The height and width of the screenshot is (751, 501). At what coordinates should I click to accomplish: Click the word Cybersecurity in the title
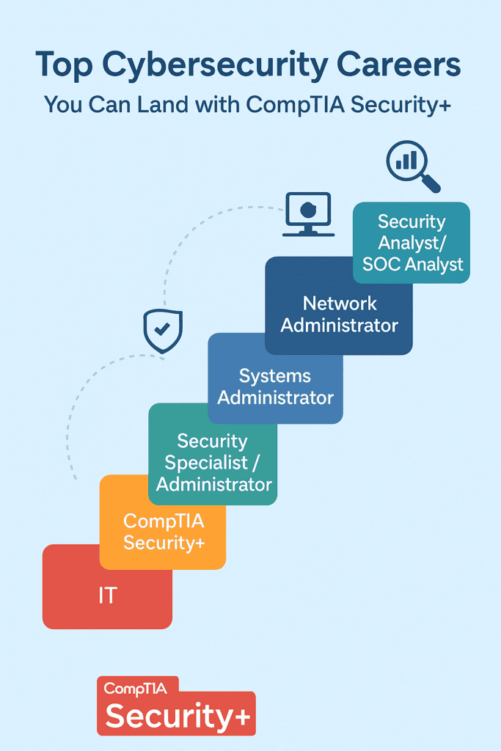click(215, 65)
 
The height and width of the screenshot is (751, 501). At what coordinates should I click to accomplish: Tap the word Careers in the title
click(398, 65)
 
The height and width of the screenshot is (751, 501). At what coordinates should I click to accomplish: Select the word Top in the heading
click(64, 65)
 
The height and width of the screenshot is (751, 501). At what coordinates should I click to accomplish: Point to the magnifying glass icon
click(413, 166)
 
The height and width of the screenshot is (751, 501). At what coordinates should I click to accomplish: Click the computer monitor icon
click(309, 214)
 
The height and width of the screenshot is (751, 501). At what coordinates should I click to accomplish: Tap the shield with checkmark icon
click(163, 331)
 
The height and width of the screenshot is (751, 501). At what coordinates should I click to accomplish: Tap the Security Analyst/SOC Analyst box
click(412, 242)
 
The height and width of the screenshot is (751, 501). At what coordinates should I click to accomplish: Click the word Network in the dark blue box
click(340, 303)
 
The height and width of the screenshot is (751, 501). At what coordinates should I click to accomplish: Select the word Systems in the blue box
click(275, 376)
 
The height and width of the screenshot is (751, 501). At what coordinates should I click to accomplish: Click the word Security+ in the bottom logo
click(178, 716)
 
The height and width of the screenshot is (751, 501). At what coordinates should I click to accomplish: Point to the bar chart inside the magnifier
click(406, 161)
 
